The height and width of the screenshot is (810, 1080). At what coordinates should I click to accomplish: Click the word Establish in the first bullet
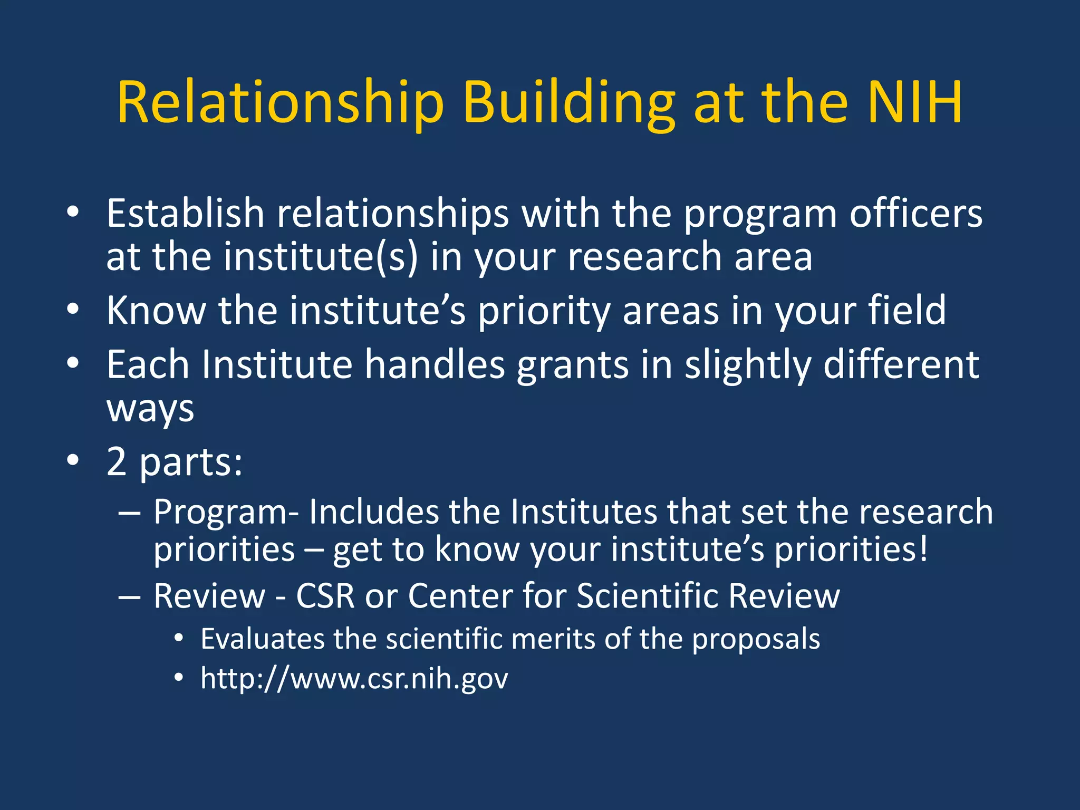pos(185,214)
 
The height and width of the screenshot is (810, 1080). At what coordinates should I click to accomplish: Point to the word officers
pos(915,214)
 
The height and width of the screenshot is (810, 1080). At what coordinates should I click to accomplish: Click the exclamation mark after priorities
pos(923,548)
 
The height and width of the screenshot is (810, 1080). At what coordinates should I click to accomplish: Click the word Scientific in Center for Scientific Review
pos(648,596)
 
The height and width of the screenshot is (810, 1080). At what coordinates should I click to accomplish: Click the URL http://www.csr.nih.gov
pos(354,678)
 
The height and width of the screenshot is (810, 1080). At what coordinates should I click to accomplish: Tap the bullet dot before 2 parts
pos(73,460)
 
